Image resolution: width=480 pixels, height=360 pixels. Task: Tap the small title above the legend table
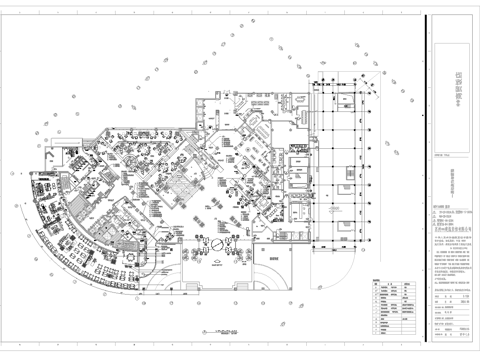376,277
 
